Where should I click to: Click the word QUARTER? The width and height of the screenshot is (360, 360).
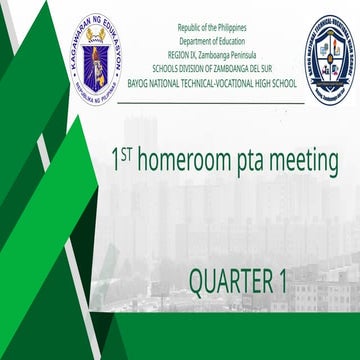(x=229, y=281)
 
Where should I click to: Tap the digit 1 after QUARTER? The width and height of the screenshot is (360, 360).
(x=283, y=281)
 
